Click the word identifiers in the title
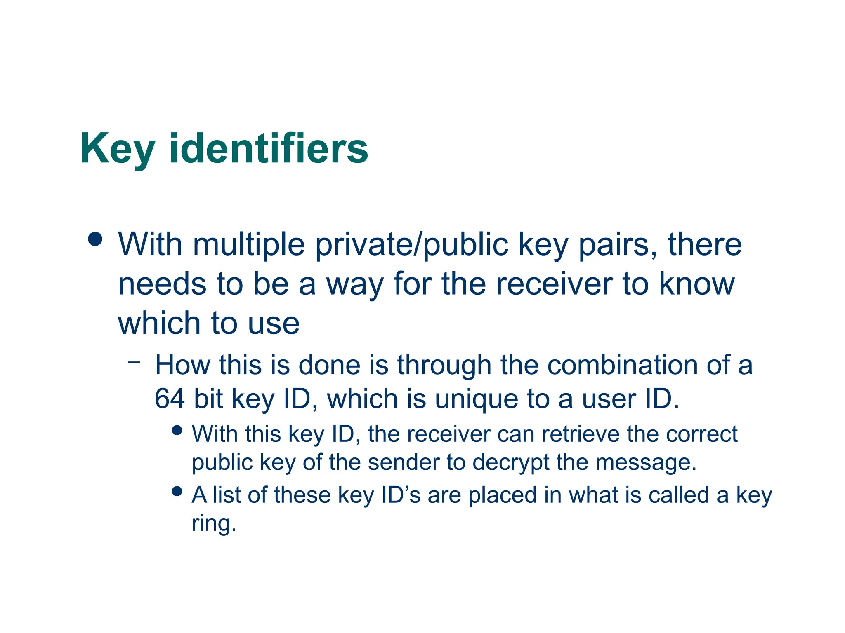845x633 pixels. coord(269,149)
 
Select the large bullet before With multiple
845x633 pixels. coord(95,239)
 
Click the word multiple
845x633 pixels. coord(249,245)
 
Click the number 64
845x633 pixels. coord(169,399)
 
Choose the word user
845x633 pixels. coord(606,399)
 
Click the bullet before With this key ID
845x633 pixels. coord(177,431)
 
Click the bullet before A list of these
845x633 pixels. coord(177,491)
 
